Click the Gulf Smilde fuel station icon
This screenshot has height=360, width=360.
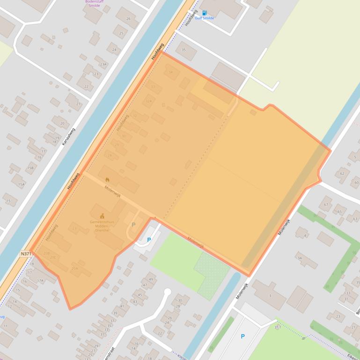tap(204, 13)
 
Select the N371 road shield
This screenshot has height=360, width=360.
tap(26, 254)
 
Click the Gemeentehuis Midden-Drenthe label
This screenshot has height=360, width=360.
tap(102, 226)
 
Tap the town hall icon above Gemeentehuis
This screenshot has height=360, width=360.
tap(102, 216)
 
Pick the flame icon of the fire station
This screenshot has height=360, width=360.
tap(107, 180)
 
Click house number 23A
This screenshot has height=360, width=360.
tap(103, 64)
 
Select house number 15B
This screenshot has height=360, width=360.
tap(30, 167)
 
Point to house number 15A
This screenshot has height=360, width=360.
tap(21, 184)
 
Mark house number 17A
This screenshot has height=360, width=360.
tap(40, 281)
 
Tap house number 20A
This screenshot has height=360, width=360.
tap(74, 268)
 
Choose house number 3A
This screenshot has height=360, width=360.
tap(300, 258)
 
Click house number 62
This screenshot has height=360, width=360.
tap(342, 173)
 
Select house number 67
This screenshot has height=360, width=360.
tap(326, 204)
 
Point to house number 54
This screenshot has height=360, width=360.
tap(170, 72)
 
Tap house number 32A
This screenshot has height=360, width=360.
tap(149, 101)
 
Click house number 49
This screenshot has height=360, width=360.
tap(151, 279)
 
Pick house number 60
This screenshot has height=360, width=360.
tap(356, 182)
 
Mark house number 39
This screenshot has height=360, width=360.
tap(115, 313)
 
